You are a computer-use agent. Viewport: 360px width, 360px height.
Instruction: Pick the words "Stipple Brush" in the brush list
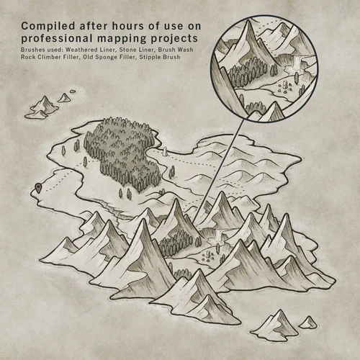point(158,58)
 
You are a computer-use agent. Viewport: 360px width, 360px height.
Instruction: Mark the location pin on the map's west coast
point(36,189)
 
